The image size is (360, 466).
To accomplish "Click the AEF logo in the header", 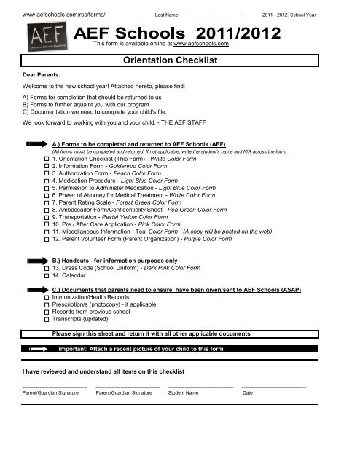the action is [x=42, y=34].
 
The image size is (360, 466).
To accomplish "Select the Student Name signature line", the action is [x=200, y=386].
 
